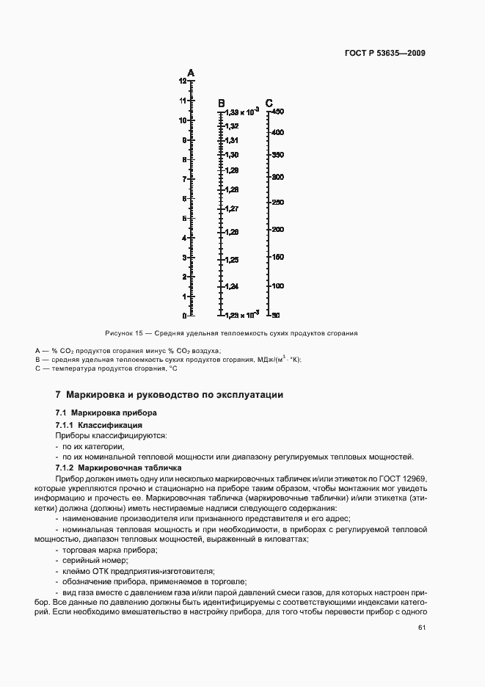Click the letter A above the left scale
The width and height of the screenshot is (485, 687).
[191, 73]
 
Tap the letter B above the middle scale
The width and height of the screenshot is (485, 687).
[221, 103]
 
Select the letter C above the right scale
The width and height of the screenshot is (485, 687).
[269, 103]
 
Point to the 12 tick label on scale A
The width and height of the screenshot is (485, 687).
[182, 80]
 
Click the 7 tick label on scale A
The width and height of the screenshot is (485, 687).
[184, 179]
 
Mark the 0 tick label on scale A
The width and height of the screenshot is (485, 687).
[184, 316]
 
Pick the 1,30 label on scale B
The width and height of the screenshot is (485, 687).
[232, 155]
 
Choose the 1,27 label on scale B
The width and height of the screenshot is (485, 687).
[232, 209]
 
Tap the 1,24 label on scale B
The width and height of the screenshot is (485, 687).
[232, 286]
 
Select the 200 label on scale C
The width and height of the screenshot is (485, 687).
[277, 230]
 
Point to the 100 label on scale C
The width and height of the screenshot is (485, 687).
[277, 286]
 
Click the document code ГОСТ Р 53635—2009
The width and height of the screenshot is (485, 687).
[384, 54]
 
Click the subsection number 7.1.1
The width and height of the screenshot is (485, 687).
[67, 426]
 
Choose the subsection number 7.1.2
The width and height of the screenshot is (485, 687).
[67, 468]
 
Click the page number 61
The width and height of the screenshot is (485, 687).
[421, 628]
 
